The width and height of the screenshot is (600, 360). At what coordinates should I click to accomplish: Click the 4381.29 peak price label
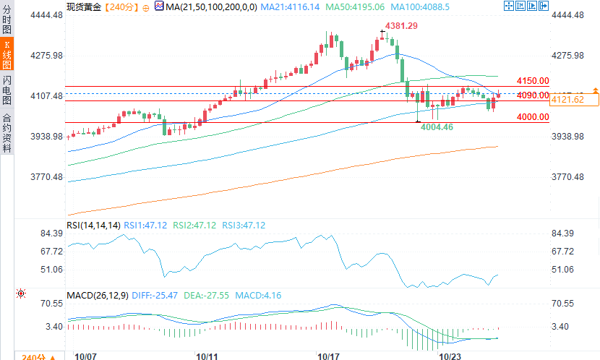402,25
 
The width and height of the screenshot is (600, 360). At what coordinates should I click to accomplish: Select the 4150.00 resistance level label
533,81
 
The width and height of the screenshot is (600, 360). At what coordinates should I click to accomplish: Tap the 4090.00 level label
533,95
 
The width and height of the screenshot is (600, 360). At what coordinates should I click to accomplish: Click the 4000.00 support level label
533,116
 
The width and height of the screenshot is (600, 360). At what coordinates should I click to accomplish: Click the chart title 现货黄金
84,7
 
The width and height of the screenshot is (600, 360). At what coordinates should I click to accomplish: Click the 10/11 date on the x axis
207,356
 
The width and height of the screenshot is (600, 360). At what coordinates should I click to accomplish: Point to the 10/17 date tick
329,356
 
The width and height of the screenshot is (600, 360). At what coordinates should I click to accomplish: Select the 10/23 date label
450,356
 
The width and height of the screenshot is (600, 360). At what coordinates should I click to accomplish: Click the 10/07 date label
86,356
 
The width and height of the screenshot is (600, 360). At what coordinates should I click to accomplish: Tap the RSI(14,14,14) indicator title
93,226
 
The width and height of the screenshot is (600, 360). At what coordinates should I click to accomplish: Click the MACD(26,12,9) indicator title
98,296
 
